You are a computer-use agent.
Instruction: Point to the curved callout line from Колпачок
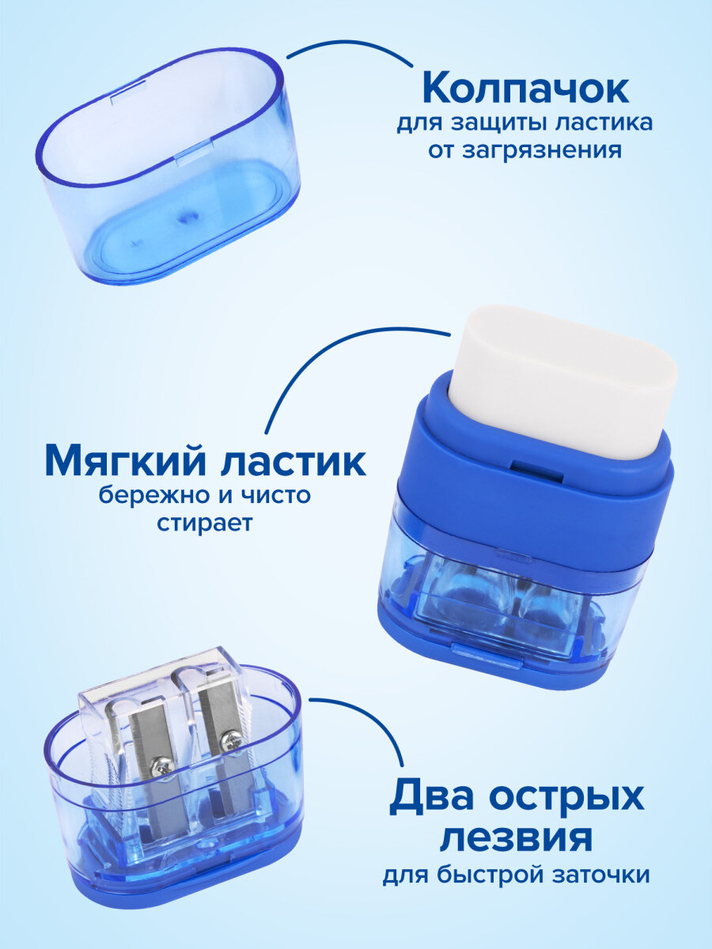pos(348,45)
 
